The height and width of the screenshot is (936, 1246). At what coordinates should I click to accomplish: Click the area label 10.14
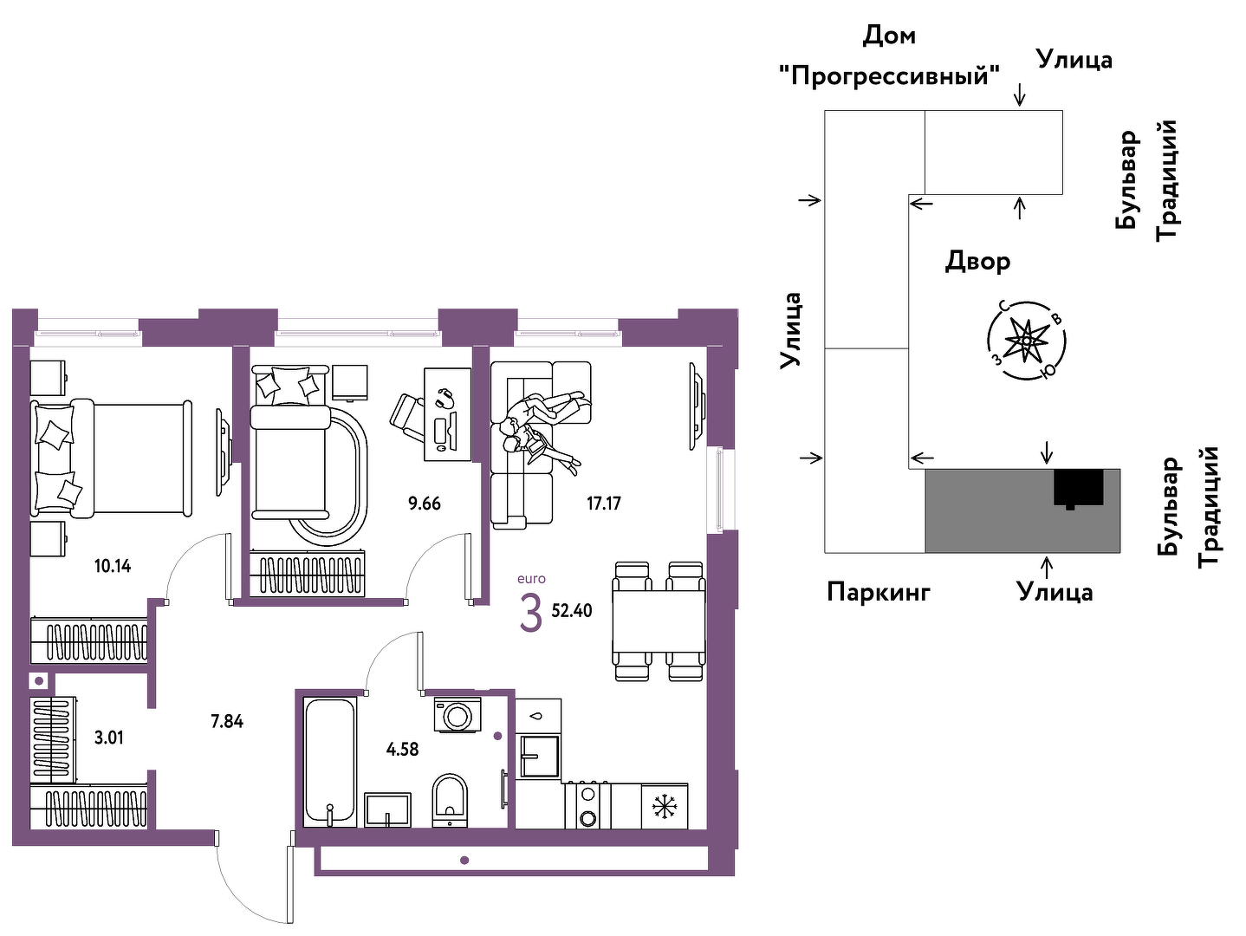[113, 566]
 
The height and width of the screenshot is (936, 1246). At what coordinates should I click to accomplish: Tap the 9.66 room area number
[424, 504]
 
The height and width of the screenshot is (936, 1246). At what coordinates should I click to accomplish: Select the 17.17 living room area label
[603, 504]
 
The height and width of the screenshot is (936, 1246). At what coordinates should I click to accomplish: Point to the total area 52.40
[572, 611]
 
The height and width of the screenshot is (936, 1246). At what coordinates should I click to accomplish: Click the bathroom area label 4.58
[402, 750]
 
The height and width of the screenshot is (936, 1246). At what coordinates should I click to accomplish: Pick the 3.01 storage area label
[108, 738]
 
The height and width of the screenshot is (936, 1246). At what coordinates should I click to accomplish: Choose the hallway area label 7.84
[227, 721]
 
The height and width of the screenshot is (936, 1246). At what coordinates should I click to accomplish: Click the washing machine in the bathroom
[457, 715]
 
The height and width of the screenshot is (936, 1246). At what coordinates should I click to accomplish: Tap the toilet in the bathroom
[450, 800]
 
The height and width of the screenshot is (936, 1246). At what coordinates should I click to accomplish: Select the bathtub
[330, 763]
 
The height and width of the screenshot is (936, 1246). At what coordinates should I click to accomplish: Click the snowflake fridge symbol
[664, 807]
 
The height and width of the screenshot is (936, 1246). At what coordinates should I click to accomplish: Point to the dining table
[659, 621]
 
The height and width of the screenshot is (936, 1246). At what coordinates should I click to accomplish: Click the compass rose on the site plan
[1026, 340]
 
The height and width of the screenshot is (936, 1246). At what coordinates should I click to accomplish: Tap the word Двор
[977, 262]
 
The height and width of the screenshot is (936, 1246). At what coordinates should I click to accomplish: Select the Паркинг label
[879, 593]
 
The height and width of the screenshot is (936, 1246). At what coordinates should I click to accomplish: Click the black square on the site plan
[1079, 488]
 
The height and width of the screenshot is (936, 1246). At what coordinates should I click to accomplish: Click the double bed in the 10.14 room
[111, 459]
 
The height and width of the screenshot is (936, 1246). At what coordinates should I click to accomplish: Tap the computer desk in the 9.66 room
[447, 414]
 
